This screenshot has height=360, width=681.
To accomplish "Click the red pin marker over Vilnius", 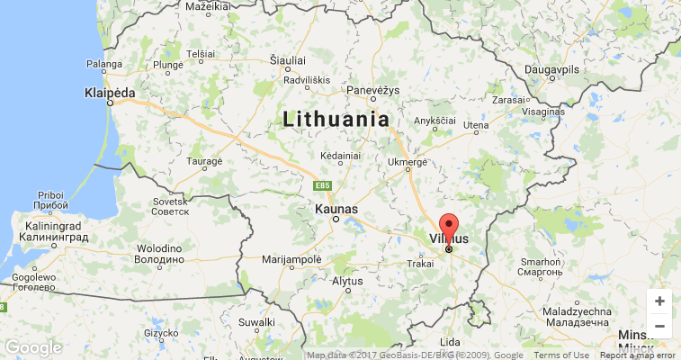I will pos(448,227).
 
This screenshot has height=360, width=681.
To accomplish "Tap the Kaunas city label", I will pos(336,209).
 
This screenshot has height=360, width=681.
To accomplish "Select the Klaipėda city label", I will pos(109,93).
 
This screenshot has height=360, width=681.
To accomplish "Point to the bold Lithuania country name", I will pos(336,119).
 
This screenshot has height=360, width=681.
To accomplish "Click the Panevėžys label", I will pos(372,91).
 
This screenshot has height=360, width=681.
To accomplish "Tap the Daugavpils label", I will pos(552,68).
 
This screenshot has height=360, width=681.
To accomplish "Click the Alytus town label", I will pos(347,281).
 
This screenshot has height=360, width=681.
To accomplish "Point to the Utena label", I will pos(475,125).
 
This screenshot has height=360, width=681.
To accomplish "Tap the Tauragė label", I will pos(204,161).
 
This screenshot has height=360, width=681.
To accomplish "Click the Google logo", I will pos(33,347).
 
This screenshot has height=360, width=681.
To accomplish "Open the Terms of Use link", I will pos(562,355).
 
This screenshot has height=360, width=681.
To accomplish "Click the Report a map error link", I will pos(638,355).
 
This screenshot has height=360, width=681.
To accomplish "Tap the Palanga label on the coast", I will pos(103,64).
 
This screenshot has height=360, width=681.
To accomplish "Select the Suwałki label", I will pos(256,321).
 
